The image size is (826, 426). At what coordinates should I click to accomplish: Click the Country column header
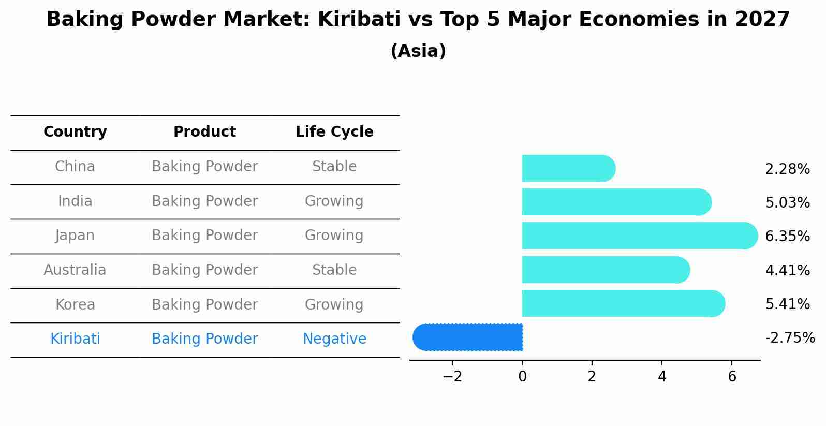click(x=75, y=132)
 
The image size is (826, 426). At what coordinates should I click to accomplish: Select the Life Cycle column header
click(x=334, y=132)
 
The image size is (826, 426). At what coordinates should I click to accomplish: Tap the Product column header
click(x=204, y=132)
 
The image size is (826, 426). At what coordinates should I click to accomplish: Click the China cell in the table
click(x=75, y=167)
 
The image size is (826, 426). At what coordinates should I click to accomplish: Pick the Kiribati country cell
click(x=75, y=339)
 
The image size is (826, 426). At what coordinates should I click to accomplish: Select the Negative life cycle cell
click(x=334, y=339)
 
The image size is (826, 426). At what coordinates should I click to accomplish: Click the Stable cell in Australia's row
click(x=334, y=270)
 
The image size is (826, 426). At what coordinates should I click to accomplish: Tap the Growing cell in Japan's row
click(x=334, y=236)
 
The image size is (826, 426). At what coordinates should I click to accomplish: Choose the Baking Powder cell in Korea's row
click(x=204, y=304)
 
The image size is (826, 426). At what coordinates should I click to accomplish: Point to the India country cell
click(x=75, y=201)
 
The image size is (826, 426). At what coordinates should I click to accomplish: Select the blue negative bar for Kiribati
click(x=468, y=337)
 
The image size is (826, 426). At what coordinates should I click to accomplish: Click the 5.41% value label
click(x=787, y=304)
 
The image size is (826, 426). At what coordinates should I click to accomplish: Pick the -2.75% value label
click(x=790, y=338)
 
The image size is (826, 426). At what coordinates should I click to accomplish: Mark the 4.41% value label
click(x=787, y=270)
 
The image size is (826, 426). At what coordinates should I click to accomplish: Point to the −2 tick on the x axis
click(x=452, y=377)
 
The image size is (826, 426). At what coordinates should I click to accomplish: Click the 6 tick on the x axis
click(x=732, y=377)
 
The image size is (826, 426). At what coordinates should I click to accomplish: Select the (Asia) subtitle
click(x=418, y=51)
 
